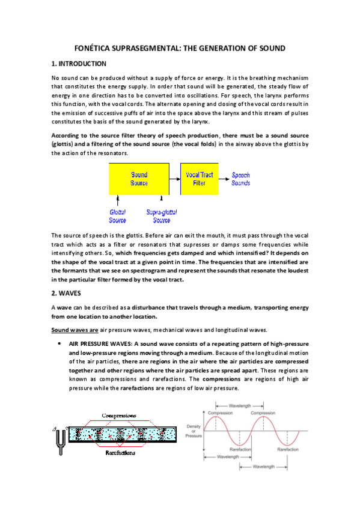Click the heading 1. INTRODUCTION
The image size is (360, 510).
79,64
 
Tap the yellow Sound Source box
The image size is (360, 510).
139,179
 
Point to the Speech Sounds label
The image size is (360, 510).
241,179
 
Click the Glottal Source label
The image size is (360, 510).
118,216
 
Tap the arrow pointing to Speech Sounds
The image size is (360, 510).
224,179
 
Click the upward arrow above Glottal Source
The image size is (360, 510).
118,198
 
